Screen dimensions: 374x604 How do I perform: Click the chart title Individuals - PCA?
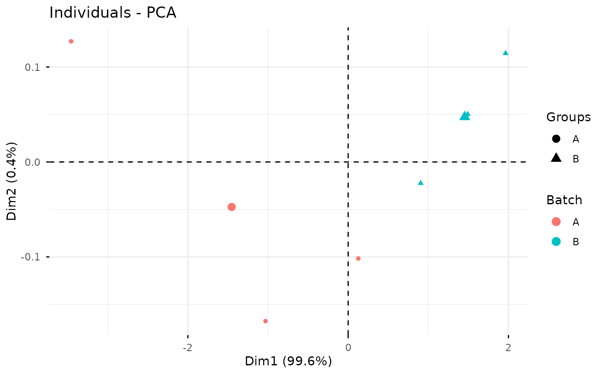113,13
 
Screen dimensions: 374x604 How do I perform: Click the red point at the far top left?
71,41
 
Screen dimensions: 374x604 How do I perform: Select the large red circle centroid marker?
232,207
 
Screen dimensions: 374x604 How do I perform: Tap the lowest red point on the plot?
266,321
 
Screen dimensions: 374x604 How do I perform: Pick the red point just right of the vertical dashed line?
358,259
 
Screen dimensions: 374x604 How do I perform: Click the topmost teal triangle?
506,53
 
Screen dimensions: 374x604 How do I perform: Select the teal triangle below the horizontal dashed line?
421,183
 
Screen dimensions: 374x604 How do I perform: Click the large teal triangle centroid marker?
464,116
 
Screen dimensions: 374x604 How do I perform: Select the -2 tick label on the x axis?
188,347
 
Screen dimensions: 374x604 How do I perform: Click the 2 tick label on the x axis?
508,347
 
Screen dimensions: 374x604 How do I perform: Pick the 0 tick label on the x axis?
348,347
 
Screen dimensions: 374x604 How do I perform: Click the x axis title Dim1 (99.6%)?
288,361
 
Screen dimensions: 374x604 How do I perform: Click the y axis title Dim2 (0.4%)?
12,181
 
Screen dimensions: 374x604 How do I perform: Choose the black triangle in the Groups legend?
556,158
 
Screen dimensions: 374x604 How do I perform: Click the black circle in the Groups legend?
556,139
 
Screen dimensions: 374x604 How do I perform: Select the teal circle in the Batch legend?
556,241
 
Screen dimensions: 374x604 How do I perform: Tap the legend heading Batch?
564,200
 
